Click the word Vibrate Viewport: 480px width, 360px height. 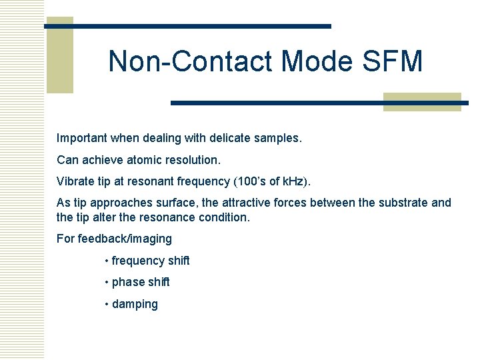75,181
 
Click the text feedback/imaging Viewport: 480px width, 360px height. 125,239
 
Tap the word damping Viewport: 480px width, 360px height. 135,304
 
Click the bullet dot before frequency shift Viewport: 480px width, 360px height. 107,261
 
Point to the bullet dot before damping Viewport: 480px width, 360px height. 107,305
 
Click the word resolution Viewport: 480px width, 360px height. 193,160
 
